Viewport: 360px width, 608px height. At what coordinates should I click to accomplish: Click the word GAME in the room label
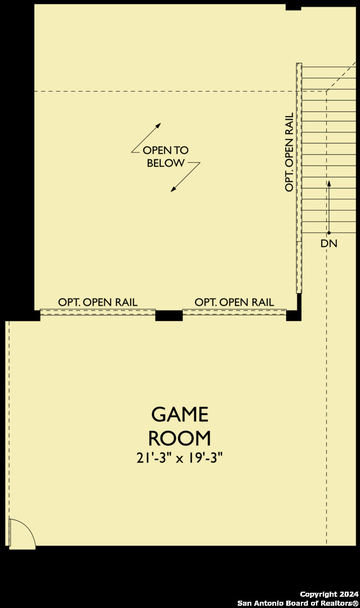click(x=180, y=414)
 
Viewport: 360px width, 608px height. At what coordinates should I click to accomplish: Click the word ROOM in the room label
click(x=180, y=439)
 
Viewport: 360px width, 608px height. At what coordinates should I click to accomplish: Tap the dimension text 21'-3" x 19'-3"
click(x=180, y=458)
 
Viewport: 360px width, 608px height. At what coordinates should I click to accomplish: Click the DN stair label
click(x=329, y=244)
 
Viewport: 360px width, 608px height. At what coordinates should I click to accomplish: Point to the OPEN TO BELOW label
click(x=166, y=157)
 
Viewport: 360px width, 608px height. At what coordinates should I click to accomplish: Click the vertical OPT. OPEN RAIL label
click(x=289, y=152)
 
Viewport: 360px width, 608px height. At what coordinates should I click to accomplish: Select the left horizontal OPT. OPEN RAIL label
click(x=98, y=302)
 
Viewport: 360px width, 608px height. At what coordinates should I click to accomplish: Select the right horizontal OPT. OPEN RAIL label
click(x=234, y=302)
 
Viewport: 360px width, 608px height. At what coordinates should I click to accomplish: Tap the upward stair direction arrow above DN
click(x=329, y=207)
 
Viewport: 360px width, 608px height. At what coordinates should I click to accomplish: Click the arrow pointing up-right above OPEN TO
click(x=146, y=138)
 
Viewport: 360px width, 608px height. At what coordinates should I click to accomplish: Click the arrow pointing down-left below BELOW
click(x=185, y=177)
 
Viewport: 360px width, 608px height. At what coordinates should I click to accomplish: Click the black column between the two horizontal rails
click(x=169, y=315)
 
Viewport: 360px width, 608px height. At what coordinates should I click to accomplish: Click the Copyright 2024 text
click(x=330, y=594)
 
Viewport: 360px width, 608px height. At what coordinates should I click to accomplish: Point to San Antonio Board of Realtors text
click(x=298, y=603)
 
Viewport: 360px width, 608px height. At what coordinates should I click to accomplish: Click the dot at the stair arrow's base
click(x=329, y=233)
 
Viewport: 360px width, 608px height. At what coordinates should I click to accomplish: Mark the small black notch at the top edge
click(x=294, y=7)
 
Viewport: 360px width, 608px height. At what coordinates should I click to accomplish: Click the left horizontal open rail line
click(x=98, y=312)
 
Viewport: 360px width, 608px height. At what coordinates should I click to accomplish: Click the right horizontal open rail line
click(x=234, y=312)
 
